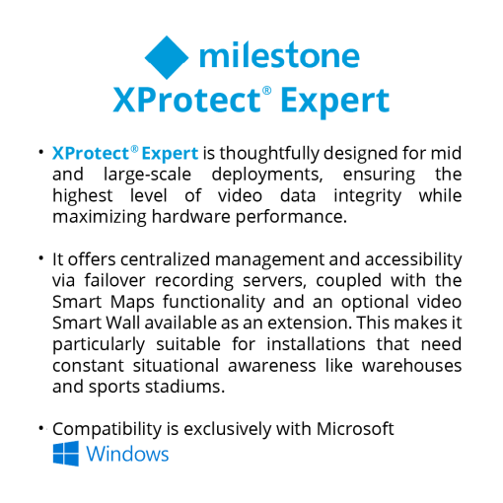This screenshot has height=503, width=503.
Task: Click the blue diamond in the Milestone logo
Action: coord(167,57)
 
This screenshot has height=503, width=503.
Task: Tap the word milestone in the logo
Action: coord(279,55)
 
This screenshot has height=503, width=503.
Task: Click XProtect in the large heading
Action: coord(186,100)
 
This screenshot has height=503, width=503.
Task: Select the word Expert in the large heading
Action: coord(335,103)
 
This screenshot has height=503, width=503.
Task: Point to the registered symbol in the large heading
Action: coord(266,91)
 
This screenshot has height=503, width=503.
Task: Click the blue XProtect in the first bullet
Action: coord(91,154)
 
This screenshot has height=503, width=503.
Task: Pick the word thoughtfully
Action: coord(269,154)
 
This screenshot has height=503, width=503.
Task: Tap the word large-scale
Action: coord(147,175)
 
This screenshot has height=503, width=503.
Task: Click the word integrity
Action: coord(368,196)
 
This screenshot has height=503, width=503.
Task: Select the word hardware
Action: coord(191,217)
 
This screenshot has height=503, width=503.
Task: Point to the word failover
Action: coord(114,280)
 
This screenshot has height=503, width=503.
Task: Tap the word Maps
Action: coord(132,303)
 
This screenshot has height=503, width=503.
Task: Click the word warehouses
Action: coord(412,366)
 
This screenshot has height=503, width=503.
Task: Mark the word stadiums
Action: coord(184,387)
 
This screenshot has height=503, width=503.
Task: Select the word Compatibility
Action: coord(108,429)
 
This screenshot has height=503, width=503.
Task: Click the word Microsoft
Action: coord(355,429)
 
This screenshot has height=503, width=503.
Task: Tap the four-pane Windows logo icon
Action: coord(66,454)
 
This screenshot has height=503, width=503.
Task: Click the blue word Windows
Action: coord(127,454)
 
